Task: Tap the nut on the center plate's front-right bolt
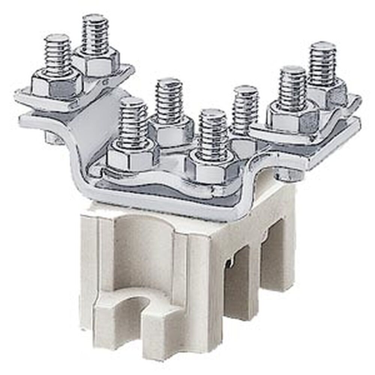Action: tap(212, 169)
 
